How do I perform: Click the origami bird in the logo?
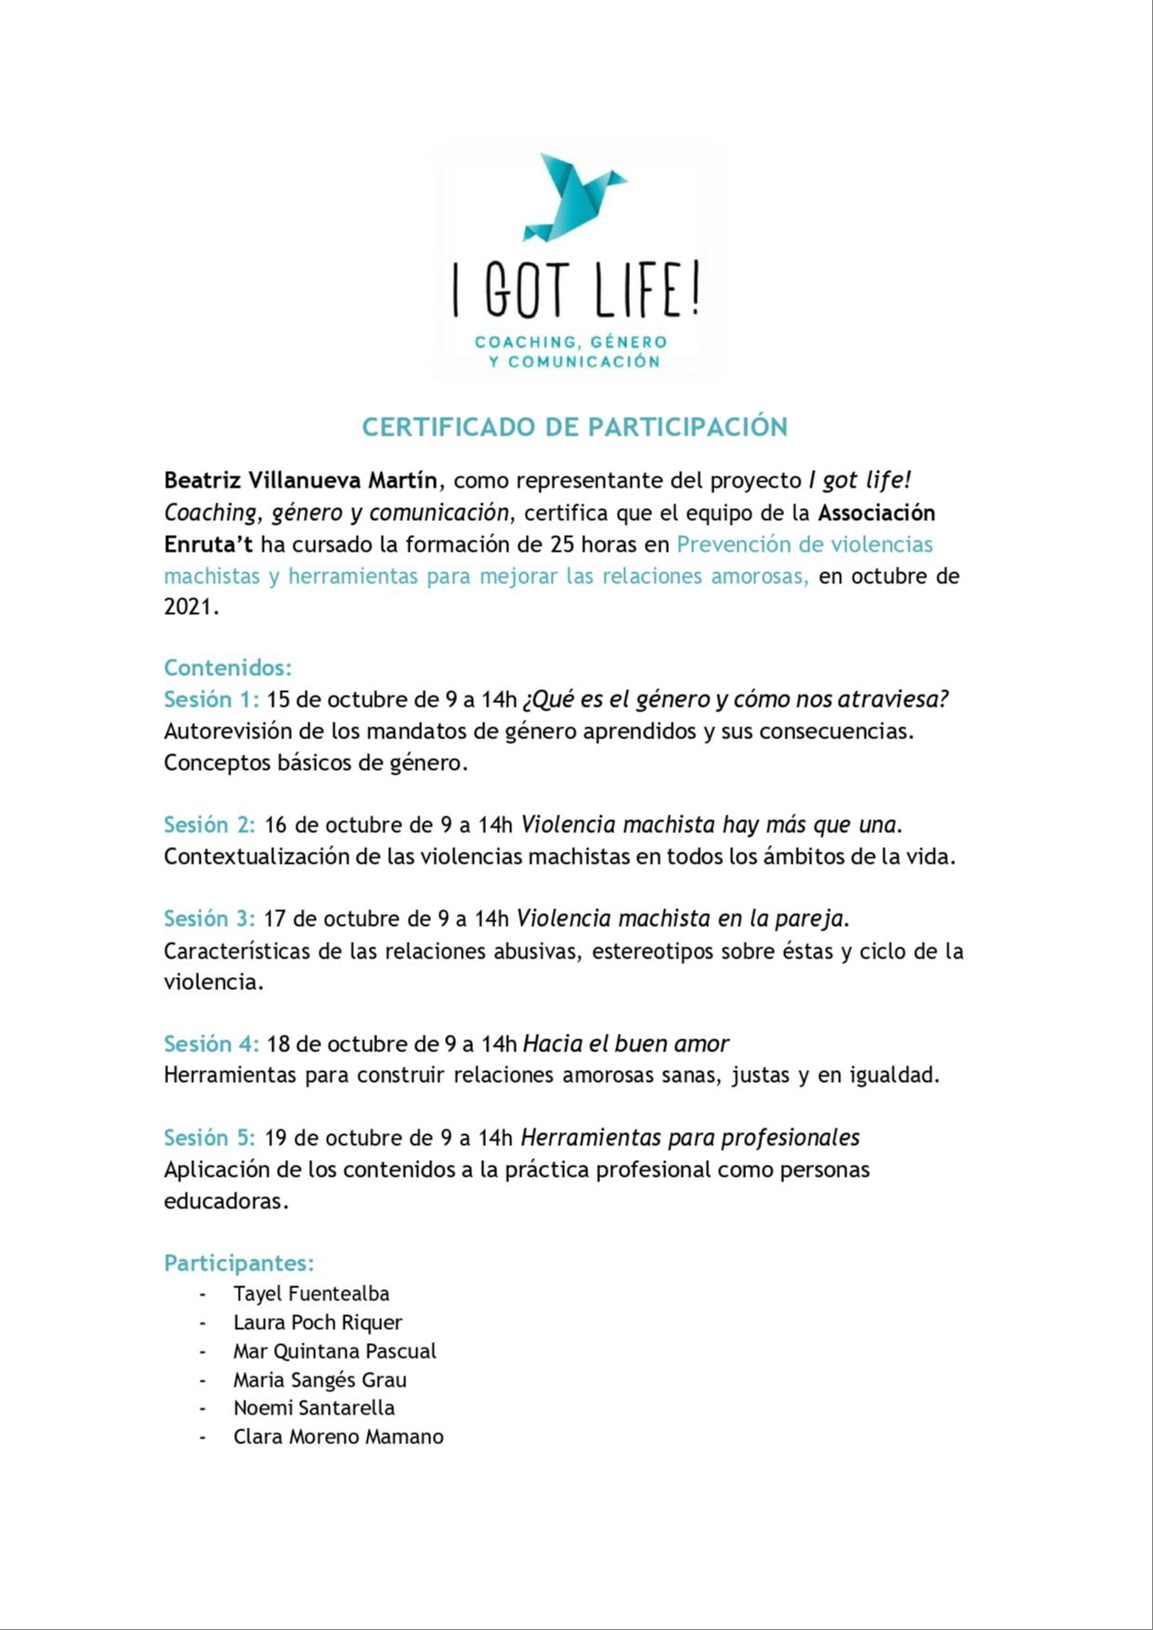pos(573,196)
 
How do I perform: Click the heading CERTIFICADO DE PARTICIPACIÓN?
pos(574,427)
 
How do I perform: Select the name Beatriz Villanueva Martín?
pos(300,480)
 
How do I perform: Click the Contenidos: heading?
pos(228,668)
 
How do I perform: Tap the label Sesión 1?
pos(211,699)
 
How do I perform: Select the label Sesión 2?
pos(209,825)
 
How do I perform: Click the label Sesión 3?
pos(209,919)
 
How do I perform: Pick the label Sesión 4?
pos(211,1044)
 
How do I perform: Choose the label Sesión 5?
pos(209,1138)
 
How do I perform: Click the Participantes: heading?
pos(239,1263)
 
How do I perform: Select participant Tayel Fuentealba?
pos(311,1294)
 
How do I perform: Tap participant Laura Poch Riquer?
pos(318,1323)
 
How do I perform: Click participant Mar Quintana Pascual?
pos(334,1351)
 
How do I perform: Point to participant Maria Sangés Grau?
pos(320,1380)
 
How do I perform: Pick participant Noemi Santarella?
pos(314,1408)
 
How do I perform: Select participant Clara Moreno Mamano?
pos(338,1437)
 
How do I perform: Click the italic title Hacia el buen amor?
pos(625,1044)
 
